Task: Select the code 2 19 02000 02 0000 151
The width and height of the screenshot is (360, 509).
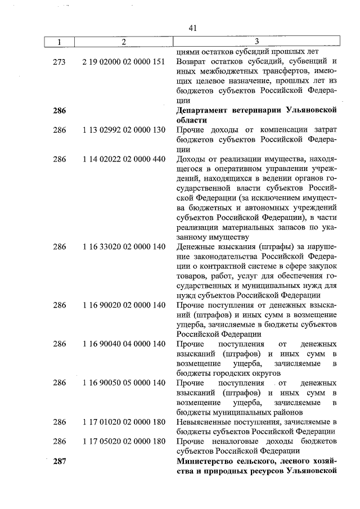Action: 123,61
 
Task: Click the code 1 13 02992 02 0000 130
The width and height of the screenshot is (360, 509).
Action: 123,130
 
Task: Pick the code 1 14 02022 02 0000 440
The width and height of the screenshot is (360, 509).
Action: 123,159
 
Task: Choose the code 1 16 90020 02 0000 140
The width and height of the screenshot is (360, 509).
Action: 123,305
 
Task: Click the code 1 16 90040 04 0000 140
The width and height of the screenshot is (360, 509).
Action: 123,344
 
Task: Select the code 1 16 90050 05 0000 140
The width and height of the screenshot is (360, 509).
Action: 123,383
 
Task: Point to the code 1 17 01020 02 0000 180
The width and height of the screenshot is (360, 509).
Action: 123,422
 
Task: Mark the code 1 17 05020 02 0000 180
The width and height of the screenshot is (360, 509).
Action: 123,441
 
